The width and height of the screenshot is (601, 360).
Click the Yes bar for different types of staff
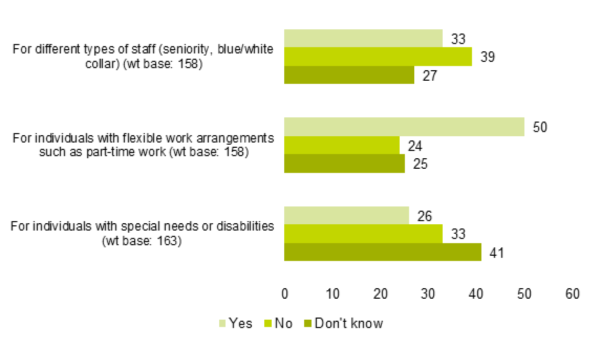pos(363,38)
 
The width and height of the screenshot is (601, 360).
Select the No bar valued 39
pos(378,57)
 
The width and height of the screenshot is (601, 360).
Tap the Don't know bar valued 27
pos(349,75)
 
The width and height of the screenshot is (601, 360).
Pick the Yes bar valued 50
pos(404,127)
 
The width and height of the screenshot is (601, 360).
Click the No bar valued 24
pos(341,145)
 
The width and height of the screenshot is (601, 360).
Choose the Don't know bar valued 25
pos(344,163)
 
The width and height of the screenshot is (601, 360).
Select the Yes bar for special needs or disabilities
pos(346,215)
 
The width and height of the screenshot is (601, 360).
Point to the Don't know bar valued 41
pos(382,252)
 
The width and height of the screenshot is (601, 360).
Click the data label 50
pos(540,127)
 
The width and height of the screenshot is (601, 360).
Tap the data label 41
pos(496,253)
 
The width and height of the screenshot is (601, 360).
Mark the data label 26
pos(424,216)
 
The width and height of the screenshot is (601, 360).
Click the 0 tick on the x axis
pos(285,294)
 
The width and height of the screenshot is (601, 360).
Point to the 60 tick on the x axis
pos(572,294)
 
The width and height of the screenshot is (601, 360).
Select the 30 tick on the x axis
pos(428,294)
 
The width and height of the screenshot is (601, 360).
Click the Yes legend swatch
pos(222,324)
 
